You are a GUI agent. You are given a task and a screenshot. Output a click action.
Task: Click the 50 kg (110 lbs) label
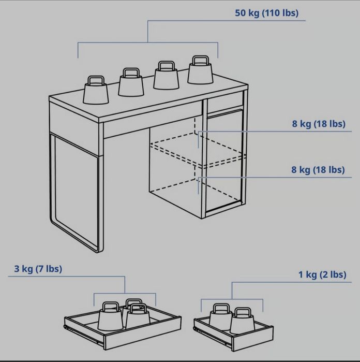tap(266, 13)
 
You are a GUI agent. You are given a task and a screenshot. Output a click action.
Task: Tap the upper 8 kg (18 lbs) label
tap(319, 124)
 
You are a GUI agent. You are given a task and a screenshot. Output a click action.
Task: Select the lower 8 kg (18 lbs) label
tap(318, 170)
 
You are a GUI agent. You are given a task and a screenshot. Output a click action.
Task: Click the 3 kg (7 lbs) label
tap(38, 269)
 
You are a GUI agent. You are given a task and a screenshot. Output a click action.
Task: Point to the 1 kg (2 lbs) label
tap(322, 274)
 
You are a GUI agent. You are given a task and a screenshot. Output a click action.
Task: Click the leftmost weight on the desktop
tap(96, 90)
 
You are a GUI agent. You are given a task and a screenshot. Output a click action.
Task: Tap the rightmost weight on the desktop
tap(200, 70)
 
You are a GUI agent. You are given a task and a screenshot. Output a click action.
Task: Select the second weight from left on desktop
tap(131, 82)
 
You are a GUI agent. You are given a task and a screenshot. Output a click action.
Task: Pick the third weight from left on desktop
tap(166, 75)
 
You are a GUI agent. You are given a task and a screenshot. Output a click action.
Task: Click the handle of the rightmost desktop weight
tap(201, 60)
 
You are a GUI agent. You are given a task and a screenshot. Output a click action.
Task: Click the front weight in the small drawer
tap(242, 321)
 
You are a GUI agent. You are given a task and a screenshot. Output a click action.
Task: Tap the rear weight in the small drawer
tap(221, 314)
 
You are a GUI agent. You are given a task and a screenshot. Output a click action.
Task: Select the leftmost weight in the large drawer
tap(110, 316)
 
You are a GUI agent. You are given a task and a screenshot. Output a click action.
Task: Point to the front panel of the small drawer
tap(253, 339)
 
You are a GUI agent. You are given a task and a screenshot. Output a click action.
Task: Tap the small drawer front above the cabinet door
tap(225, 102)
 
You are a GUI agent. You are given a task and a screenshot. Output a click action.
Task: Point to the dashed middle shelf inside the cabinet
tap(198, 150)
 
